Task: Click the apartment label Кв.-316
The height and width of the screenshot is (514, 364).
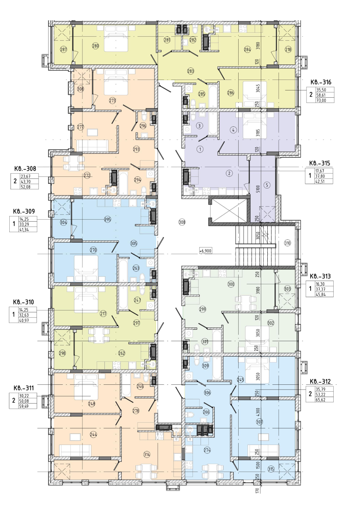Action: point(321,82)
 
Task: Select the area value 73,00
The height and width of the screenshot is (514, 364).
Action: point(321,100)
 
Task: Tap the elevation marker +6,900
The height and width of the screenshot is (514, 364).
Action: point(205,251)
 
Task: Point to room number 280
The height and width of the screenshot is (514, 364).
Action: point(95,46)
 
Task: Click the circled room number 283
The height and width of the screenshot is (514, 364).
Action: point(190,71)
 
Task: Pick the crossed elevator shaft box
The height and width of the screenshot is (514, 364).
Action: point(229,211)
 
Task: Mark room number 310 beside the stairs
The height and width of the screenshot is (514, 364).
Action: point(288,243)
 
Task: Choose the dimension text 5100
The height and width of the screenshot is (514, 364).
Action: point(258,189)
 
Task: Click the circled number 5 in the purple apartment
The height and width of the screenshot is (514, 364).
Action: point(267,185)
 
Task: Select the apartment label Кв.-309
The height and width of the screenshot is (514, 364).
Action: point(24,211)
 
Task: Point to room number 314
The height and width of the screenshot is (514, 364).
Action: point(146,454)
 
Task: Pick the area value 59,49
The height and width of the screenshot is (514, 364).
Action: point(25,406)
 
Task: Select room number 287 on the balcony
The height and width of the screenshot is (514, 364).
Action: point(63,49)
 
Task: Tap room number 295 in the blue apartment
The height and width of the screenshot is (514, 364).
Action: point(108,219)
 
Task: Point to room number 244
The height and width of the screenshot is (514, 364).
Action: point(93,434)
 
